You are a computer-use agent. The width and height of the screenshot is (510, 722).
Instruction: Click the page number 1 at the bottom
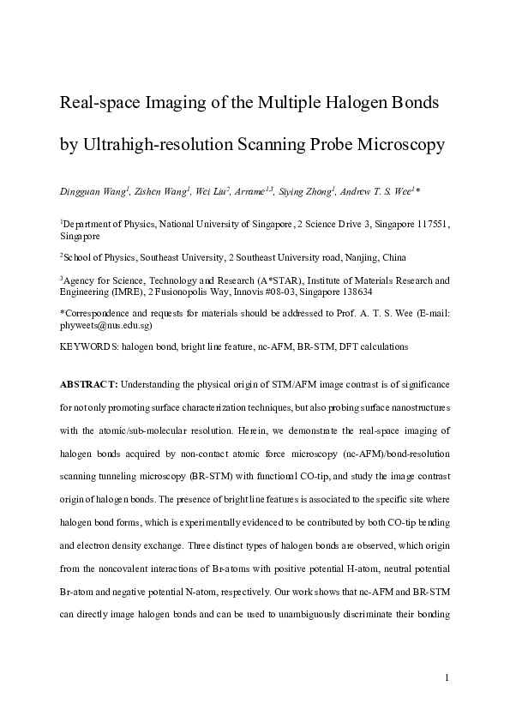pos(447,678)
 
